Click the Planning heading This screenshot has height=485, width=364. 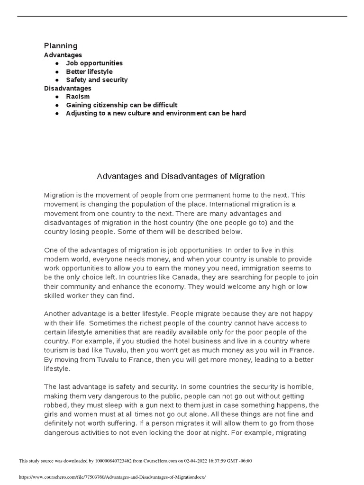click(61, 46)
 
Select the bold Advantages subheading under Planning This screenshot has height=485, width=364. click(63, 55)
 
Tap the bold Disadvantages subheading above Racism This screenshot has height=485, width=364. click(68, 88)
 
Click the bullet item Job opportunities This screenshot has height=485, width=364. click(94, 63)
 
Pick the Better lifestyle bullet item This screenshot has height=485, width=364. click(89, 72)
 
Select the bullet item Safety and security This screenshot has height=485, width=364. click(97, 80)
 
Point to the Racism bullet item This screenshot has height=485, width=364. click(78, 97)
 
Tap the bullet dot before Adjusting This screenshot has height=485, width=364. click(57, 113)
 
